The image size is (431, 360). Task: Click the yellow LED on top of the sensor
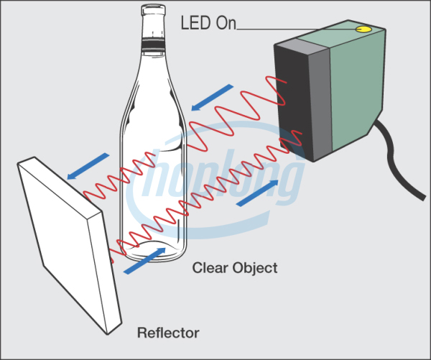363,29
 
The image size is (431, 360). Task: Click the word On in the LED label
224,22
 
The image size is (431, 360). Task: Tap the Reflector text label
167,333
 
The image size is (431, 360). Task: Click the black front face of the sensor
292,101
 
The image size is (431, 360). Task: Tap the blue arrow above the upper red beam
213,98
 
